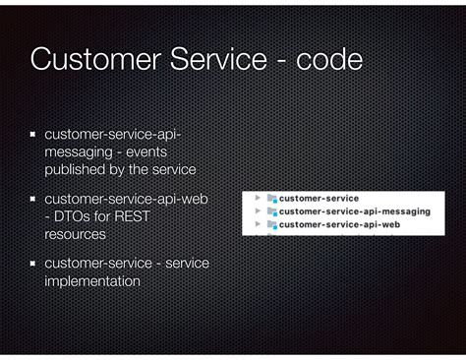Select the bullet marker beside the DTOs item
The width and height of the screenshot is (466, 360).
[33, 200]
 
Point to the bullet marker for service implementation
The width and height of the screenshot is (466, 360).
[33, 264]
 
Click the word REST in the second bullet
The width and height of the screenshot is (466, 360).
[131, 217]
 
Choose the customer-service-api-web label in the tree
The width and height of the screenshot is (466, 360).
[339, 225]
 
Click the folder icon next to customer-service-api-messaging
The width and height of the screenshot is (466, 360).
[272, 211]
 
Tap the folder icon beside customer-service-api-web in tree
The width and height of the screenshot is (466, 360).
[272, 225]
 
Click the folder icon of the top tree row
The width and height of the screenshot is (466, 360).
[272, 198]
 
